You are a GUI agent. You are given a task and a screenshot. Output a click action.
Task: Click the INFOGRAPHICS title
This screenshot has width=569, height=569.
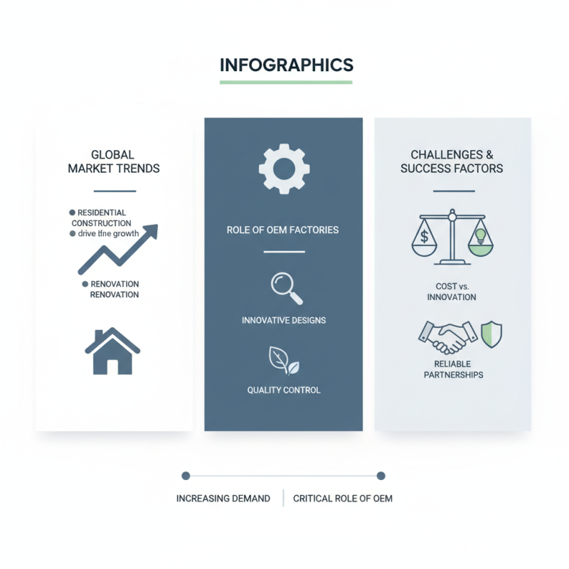click(287, 65)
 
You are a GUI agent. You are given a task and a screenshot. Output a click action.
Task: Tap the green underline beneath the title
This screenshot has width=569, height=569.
click(286, 83)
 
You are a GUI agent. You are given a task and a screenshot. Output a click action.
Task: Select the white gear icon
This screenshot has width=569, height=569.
click(284, 169)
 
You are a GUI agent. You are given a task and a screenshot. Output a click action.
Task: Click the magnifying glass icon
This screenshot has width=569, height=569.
click(287, 289)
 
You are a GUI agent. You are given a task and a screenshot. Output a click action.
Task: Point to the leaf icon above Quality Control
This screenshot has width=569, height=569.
click(284, 361)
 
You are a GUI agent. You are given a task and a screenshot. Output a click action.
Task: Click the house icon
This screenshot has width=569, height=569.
click(112, 351)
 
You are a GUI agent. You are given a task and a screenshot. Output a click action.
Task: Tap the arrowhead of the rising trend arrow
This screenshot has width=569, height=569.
click(151, 231)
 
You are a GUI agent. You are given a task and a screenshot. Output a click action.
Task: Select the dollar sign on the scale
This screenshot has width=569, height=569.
click(424, 237)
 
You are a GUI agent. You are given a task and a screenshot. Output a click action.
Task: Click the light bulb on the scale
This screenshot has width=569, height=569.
click(481, 236)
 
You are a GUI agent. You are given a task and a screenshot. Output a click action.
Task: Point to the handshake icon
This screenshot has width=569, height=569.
click(448, 337)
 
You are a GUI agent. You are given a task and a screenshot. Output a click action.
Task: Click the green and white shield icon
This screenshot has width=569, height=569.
click(491, 334)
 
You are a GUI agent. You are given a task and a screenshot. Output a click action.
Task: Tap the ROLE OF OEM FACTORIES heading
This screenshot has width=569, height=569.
click(282, 230)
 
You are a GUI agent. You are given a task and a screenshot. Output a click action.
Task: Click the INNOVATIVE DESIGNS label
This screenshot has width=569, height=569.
click(284, 321)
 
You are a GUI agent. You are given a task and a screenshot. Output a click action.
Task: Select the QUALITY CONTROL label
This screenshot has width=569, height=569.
click(284, 390)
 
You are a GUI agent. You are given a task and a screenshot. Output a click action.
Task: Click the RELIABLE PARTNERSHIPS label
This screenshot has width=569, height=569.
click(453, 369)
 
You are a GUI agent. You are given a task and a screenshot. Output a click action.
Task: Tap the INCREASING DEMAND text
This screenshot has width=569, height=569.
click(223, 499)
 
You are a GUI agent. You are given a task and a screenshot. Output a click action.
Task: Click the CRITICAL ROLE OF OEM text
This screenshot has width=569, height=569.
click(343, 499)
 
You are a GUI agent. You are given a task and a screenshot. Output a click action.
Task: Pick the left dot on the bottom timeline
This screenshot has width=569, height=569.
click(186, 476)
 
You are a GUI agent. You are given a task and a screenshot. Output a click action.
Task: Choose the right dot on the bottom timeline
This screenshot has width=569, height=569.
click(381, 476)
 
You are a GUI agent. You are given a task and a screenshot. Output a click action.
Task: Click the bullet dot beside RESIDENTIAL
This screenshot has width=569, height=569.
click(73, 213)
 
